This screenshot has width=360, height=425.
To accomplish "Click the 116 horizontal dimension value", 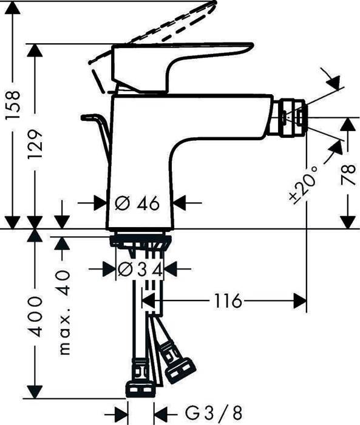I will tap(228, 301).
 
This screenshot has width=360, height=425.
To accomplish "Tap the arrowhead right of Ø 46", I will tap(180, 203).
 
